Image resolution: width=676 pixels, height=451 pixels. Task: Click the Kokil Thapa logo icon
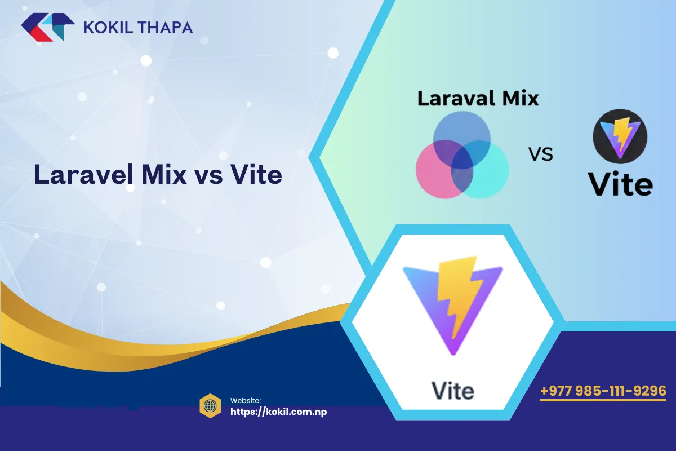tap(48, 27)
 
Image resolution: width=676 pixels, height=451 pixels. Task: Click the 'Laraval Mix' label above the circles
tap(478, 99)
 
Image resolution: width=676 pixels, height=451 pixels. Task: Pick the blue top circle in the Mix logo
tap(462, 132)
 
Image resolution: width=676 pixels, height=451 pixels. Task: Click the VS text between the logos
tap(540, 154)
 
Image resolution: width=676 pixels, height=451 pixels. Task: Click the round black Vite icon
tap(620, 137)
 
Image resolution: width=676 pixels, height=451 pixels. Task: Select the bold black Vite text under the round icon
tap(620, 183)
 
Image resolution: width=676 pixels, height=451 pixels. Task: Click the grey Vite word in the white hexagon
tap(452, 390)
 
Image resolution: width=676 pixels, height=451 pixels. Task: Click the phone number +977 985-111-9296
tap(603, 391)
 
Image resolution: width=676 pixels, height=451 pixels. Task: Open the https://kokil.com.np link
tap(279, 412)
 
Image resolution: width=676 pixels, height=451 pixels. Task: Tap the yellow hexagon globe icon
tap(210, 405)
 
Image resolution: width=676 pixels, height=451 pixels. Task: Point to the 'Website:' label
tap(245, 400)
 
